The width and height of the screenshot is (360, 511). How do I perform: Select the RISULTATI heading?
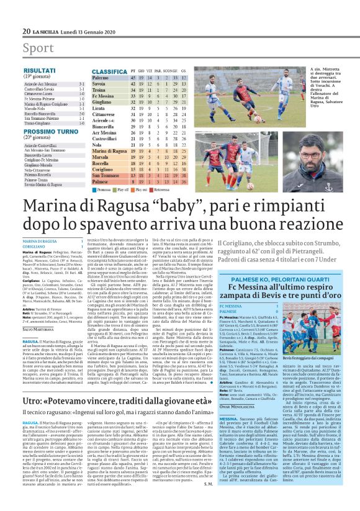point(39,72)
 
